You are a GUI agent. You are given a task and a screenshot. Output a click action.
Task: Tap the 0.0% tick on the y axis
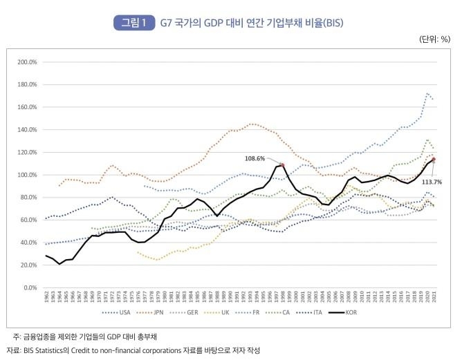[x=28, y=287]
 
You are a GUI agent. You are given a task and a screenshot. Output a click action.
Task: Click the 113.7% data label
[x=432, y=181]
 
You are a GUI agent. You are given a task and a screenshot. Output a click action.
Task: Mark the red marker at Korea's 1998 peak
[x=282, y=165]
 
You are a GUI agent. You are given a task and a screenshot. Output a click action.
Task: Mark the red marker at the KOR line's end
[x=434, y=160]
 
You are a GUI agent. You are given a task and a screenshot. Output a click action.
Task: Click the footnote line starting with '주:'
[x=91, y=337]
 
